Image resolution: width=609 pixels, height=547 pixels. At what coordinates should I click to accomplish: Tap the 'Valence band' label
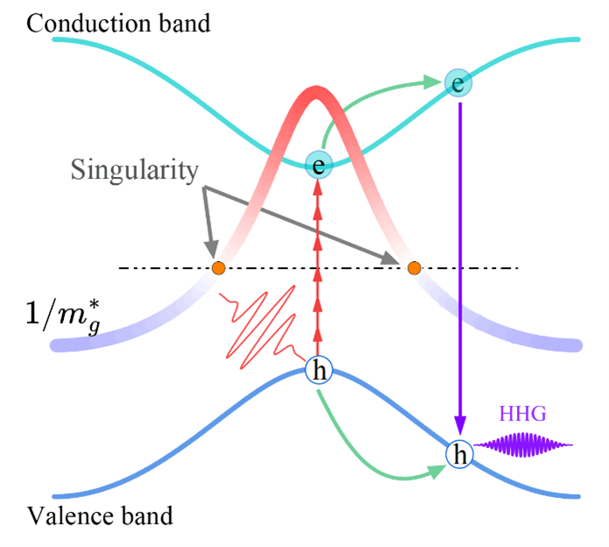98,515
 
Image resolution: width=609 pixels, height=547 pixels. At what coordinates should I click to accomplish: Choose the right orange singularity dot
414,267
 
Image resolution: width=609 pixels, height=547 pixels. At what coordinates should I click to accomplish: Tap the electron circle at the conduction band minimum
319,164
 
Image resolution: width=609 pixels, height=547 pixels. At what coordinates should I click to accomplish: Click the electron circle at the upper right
457,83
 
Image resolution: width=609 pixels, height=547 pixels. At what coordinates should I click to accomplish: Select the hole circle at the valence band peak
319,372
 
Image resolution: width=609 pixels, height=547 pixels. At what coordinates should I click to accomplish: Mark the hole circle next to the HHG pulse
459,453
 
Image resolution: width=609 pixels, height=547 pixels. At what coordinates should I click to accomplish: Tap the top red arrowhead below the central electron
319,186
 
